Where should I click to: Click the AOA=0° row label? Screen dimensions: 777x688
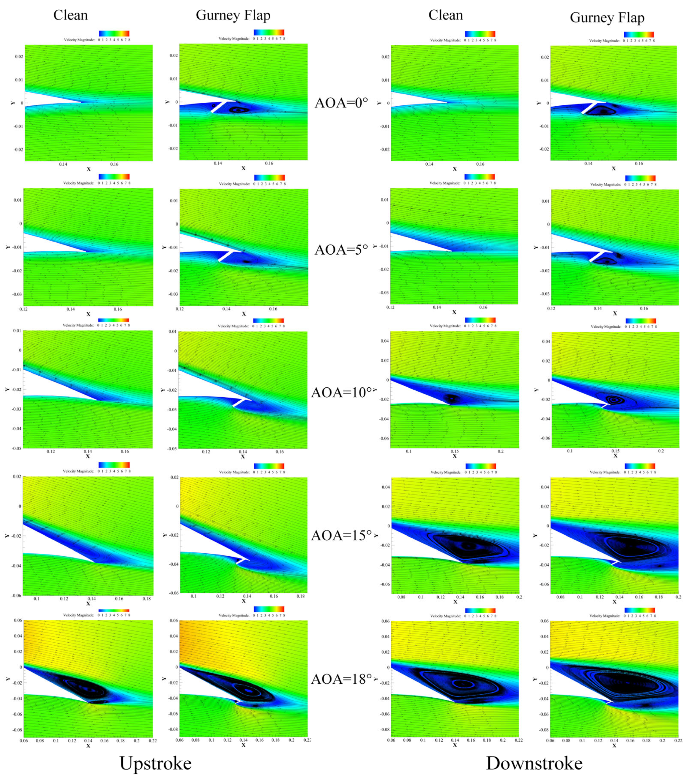341,103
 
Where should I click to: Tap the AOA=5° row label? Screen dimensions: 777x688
341,249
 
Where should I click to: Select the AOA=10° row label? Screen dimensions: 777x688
341,392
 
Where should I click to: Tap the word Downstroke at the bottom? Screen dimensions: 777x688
534,763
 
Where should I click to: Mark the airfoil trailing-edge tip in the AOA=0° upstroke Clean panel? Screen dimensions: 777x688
81,102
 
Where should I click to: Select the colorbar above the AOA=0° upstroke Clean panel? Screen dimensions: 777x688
114,34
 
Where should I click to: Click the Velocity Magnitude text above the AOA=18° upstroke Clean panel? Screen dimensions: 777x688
79,615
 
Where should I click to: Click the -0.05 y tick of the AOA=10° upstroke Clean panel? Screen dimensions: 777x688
17,448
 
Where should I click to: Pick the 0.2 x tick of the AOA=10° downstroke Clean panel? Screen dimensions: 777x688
501,451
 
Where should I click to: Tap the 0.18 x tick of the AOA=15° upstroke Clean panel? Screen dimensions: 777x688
146,599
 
